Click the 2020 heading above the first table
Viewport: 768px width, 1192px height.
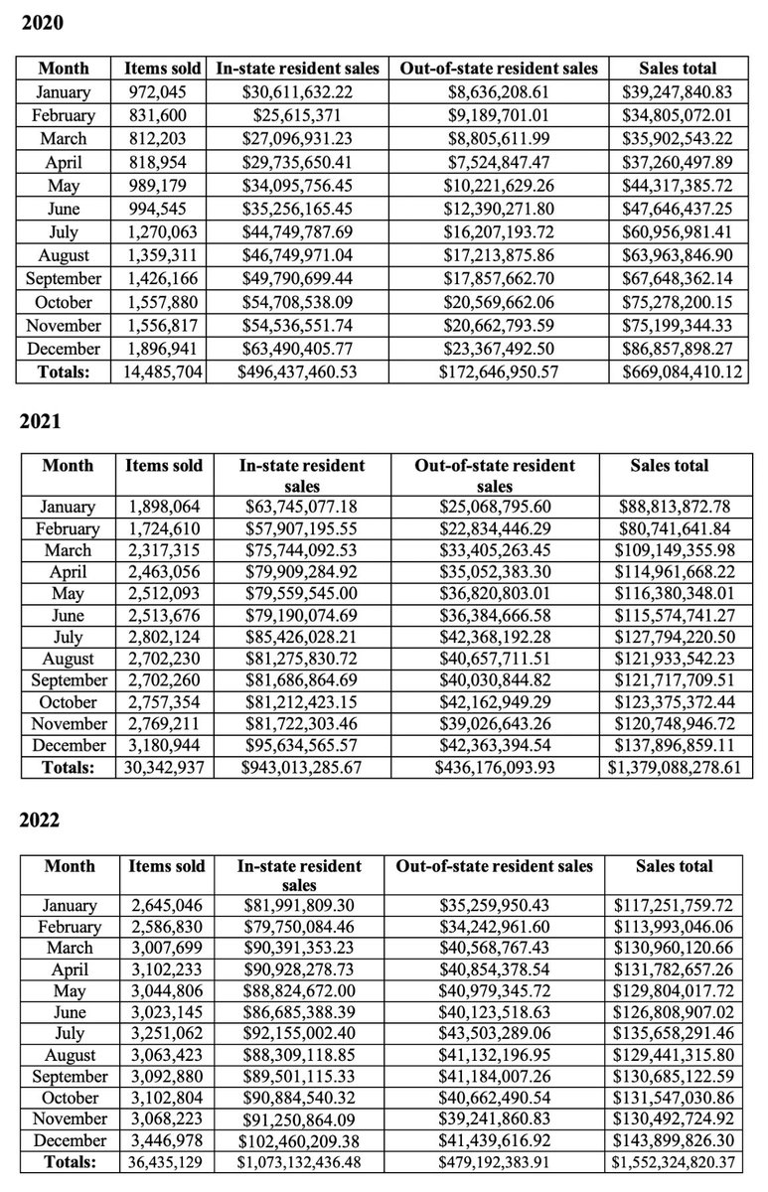click(x=41, y=22)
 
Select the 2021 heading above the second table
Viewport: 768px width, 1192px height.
click(x=41, y=421)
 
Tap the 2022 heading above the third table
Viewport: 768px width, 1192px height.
click(x=41, y=820)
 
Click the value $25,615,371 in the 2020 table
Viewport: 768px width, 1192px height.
click(x=298, y=115)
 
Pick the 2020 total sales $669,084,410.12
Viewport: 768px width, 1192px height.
click(x=679, y=372)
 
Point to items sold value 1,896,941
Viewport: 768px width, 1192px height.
click(x=162, y=349)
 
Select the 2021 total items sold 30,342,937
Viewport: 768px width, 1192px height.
click(x=165, y=767)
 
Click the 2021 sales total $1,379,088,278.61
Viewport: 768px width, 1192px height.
click(x=679, y=767)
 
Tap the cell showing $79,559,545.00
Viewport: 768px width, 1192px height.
click(x=301, y=593)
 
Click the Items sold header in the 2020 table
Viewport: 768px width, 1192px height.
click(x=162, y=69)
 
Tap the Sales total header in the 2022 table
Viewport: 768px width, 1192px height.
click(x=675, y=866)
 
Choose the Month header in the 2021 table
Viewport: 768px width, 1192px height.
click(x=69, y=465)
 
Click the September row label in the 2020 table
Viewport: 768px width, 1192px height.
click(x=64, y=278)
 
